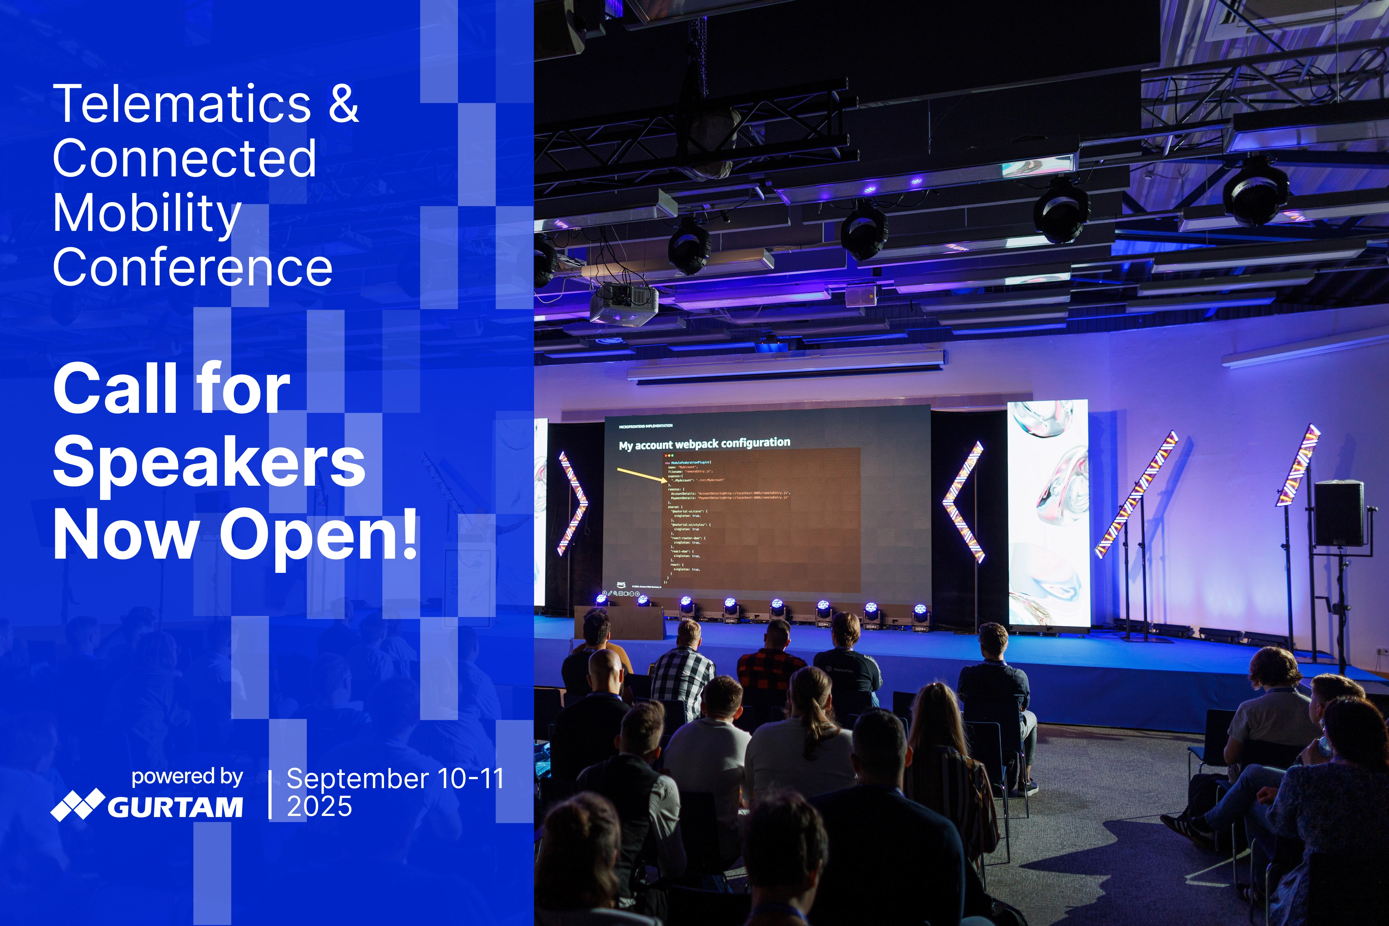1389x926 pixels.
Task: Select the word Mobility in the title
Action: point(147,214)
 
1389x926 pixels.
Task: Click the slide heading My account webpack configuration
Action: point(704,443)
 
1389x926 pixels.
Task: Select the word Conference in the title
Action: point(192,268)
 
